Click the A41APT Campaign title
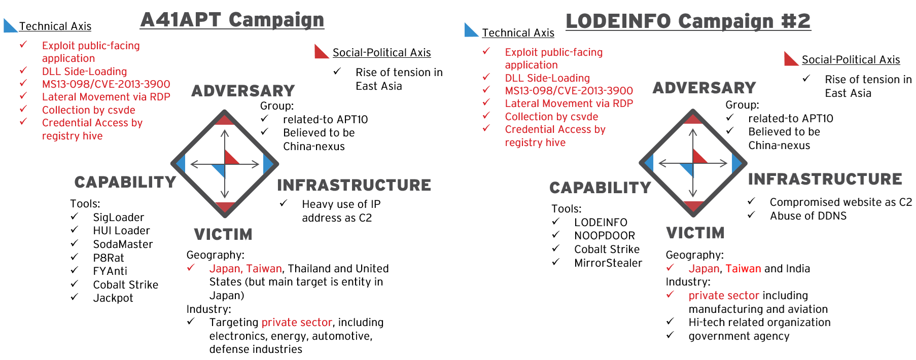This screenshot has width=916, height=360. [x=232, y=20]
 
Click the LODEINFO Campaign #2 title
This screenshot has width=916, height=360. [x=688, y=21]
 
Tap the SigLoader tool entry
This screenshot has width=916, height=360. [x=119, y=218]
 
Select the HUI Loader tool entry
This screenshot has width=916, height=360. [x=122, y=231]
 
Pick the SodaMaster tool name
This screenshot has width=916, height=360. [x=123, y=244]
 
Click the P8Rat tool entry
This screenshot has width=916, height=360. [x=109, y=258]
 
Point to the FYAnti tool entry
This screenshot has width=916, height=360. [x=110, y=271]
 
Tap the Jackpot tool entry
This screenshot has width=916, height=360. [x=113, y=298]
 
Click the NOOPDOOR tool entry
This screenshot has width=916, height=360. [x=605, y=236]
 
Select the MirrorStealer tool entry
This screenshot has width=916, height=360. [x=608, y=263]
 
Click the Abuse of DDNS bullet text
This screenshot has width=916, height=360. [x=808, y=216]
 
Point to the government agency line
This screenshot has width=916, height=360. [x=739, y=336]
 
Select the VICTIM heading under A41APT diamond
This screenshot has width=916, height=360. [x=223, y=235]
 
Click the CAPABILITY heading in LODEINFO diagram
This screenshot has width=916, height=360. [x=601, y=188]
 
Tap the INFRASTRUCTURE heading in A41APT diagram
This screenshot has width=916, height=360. [x=354, y=186]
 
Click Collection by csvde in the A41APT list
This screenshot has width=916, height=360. [x=89, y=110]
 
